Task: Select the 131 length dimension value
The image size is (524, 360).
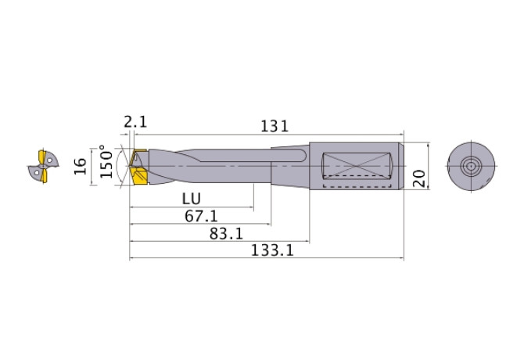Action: coord(275,125)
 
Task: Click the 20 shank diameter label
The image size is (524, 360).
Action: coord(419,177)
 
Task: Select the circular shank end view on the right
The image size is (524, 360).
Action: coord(471,167)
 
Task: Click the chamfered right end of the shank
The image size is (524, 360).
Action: coord(401,166)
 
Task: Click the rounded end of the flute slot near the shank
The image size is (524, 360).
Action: coord(302,157)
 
